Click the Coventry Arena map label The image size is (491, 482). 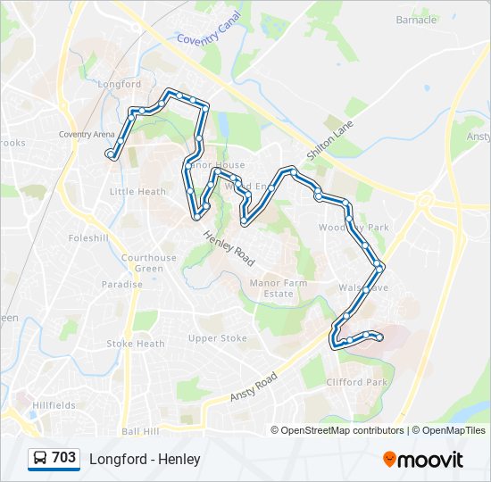(87, 135)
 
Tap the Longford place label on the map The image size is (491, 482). (120, 85)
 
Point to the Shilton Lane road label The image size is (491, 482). (330, 139)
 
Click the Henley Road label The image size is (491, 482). (229, 249)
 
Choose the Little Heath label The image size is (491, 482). (137, 192)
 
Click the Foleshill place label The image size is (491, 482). (87, 238)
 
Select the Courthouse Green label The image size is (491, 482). (149, 263)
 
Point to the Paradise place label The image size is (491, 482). (122, 285)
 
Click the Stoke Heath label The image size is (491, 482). (136, 344)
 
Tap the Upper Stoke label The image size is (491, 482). (217, 338)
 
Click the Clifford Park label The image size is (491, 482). (356, 382)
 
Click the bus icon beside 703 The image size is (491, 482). (40, 459)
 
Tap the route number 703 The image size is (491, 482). (64, 458)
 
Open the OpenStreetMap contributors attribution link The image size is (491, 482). (342, 430)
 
